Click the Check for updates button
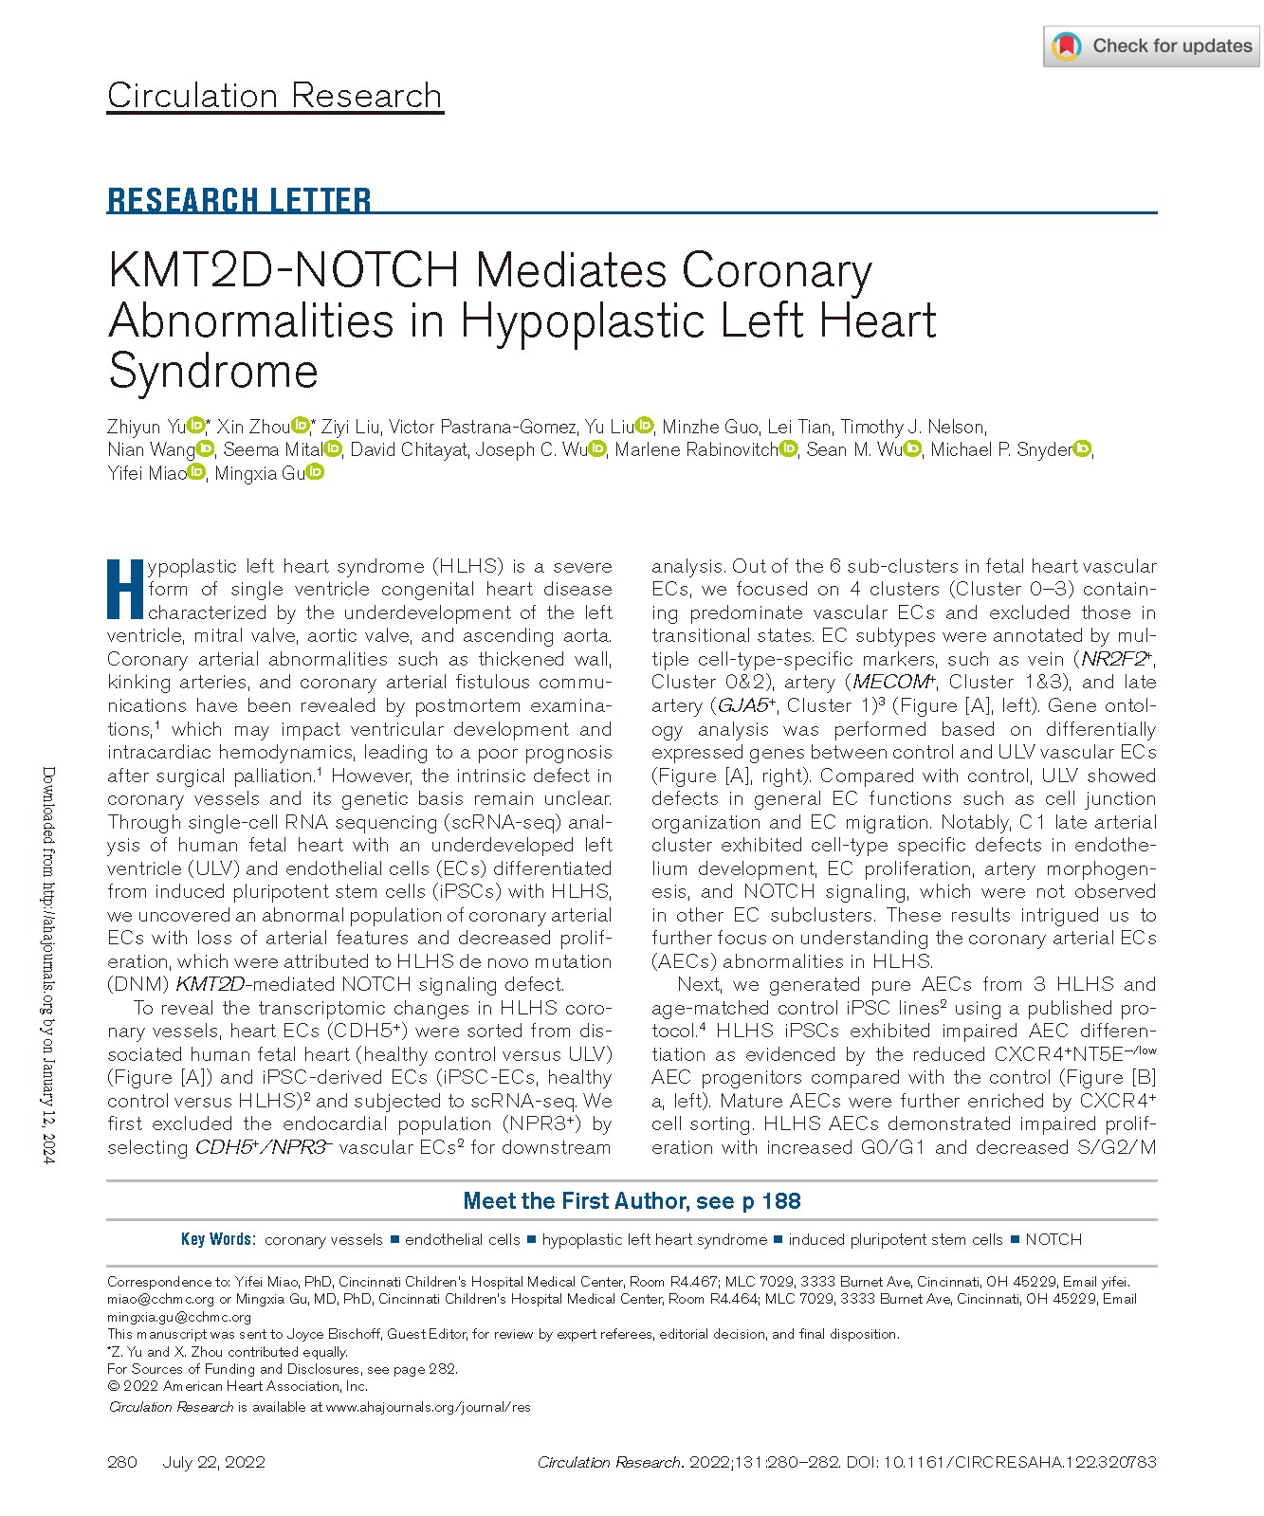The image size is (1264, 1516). (1152, 46)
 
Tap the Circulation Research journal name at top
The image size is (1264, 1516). (275, 96)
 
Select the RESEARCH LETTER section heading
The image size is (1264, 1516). (239, 200)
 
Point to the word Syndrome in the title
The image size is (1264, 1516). (213, 370)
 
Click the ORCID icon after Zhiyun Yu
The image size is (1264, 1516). (195, 426)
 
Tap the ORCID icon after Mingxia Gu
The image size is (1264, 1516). (316, 472)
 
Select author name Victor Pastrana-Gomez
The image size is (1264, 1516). (483, 427)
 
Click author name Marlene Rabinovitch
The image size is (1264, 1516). (696, 449)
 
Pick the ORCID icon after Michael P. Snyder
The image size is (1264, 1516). (1082, 449)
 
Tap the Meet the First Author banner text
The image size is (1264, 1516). (632, 1201)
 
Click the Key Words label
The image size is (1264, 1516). (217, 1239)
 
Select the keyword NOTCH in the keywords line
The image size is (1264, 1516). (1053, 1239)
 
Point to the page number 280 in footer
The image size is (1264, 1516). (122, 1461)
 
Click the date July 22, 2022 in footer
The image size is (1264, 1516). (213, 1461)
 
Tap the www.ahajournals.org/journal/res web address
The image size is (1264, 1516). (428, 1407)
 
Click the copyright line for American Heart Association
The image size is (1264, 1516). (238, 1385)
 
